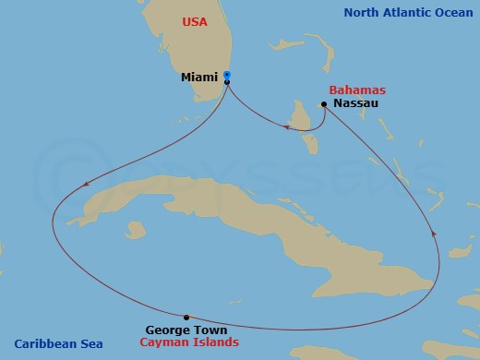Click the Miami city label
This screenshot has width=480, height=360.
click(200, 78)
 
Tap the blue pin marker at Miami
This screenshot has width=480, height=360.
click(227, 76)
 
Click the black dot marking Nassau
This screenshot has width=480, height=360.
click(324, 104)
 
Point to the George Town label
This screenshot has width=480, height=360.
click(186, 330)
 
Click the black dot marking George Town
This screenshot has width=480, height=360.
click(186, 317)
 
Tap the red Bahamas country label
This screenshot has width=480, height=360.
click(356, 90)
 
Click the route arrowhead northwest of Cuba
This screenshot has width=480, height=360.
click(86, 183)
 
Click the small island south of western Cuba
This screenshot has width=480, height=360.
click(137, 228)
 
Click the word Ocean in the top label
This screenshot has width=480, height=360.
click(451, 12)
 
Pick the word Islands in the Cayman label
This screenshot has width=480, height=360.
click(216, 342)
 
